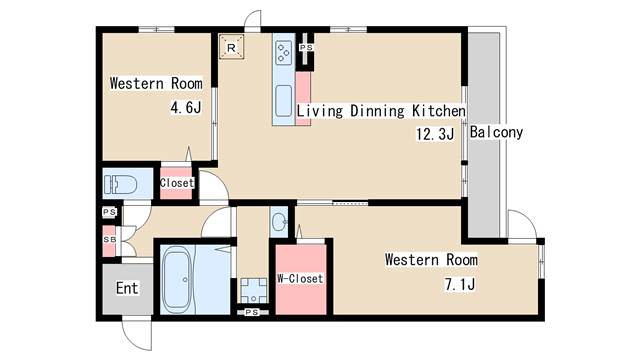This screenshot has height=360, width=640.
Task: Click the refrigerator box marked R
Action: pos(231,47)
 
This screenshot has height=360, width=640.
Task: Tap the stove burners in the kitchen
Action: pos(283,53)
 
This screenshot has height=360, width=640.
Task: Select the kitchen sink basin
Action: pos(283,100)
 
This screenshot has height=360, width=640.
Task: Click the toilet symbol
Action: pos(120,185)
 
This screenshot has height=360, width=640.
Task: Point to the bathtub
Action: pos(177,281)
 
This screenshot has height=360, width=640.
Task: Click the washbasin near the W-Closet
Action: pos(279,223)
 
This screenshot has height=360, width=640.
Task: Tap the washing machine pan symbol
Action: pos(253,291)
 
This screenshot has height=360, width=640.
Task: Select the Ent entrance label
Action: pos(127,288)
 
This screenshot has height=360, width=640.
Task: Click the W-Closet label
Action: pos(300,278)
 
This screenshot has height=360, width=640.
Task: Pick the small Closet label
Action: pos(177,183)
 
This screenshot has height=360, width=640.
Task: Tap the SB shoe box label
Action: pos(109,240)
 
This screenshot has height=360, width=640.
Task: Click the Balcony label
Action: pos(496,132)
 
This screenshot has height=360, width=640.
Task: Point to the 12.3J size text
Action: pos(435,134)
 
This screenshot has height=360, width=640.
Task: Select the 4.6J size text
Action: pos(186,107)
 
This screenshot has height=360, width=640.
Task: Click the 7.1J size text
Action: pos(460,284)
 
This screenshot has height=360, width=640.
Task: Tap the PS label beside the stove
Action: pos(306,48)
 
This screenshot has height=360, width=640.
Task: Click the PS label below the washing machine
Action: pos(252,312)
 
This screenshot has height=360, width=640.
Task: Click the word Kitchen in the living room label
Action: pos(439,111)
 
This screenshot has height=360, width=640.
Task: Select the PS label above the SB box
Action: pos(109,212)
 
